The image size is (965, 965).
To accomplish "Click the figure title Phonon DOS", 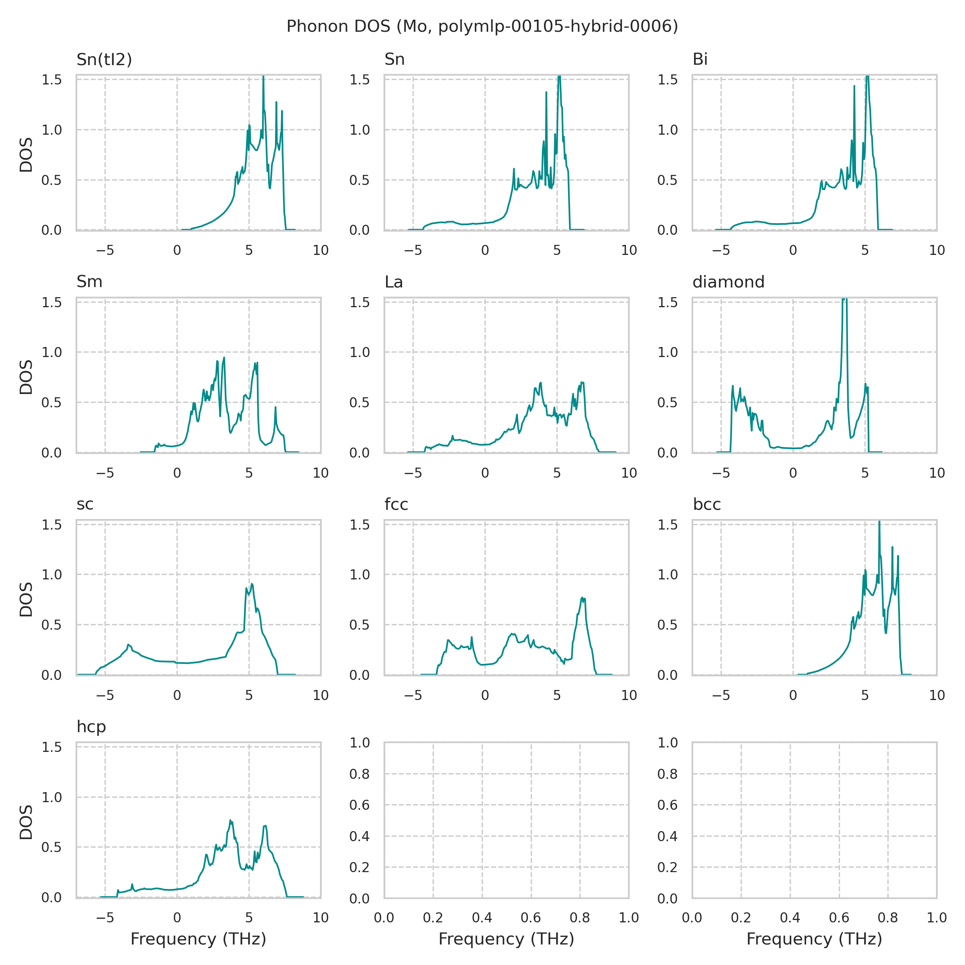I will pos(482,27).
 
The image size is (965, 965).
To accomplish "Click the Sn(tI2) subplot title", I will pos(104,60).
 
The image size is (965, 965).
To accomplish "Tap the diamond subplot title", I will pos(728,282).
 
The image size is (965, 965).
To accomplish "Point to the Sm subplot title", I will pos(89,282).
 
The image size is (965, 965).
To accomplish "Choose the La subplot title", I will pos(394,282).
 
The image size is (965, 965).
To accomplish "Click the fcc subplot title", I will pos(396,505).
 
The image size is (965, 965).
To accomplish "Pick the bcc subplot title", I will pos(707,505).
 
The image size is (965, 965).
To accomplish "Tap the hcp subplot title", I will pos(91,727).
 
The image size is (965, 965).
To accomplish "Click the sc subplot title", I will pos(85,505).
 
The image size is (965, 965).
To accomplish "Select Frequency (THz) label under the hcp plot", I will pos(198,939).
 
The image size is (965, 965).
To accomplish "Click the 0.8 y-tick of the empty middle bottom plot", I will pos(359,774).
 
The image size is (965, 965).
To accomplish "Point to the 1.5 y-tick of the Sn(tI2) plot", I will pos(51,80).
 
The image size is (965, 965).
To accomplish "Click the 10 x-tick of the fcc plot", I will pos(629,695).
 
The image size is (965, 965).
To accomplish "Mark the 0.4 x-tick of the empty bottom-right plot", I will pos(790,918).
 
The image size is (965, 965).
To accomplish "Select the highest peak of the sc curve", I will pos(252,584).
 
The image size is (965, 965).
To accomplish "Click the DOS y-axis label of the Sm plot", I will pos(26,377).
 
